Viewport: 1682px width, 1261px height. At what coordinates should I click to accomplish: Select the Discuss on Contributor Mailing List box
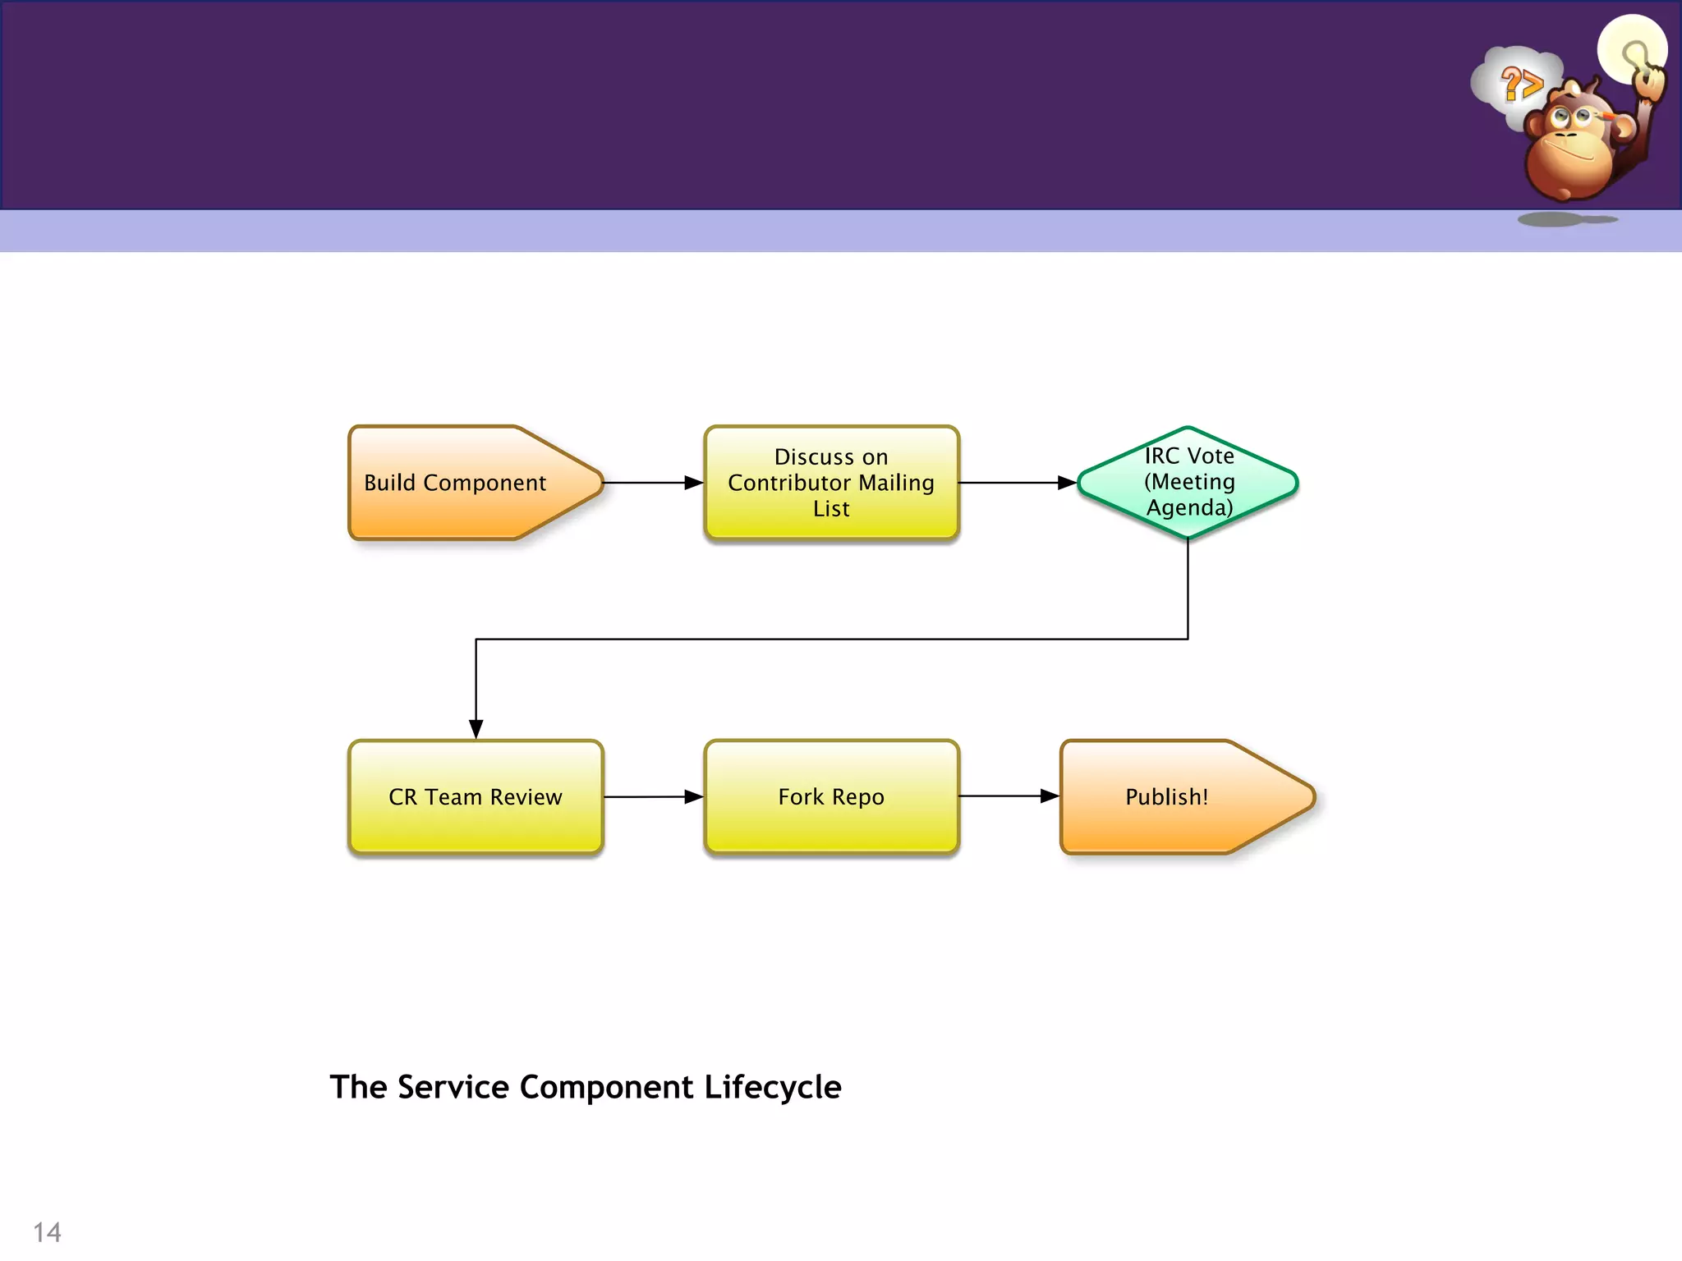pyautogui.click(x=831, y=483)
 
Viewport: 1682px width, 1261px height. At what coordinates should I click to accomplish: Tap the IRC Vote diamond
pyautogui.click(x=1188, y=482)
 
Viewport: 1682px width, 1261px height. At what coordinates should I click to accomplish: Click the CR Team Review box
pyautogui.click(x=476, y=796)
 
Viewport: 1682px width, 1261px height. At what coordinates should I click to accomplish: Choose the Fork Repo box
pyautogui.click(x=831, y=796)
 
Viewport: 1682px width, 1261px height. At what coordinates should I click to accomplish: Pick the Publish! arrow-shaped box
pyautogui.click(x=1174, y=796)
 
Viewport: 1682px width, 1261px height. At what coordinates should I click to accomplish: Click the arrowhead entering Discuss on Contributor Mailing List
pyautogui.click(x=694, y=483)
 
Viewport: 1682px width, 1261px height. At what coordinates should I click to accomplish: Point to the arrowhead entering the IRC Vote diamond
pyautogui.click(x=1067, y=483)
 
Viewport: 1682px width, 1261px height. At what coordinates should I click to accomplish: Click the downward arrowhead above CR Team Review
pyautogui.click(x=476, y=728)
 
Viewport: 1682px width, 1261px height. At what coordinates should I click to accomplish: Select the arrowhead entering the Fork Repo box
pyautogui.click(x=694, y=796)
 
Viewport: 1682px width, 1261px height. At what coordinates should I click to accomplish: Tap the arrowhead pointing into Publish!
pyautogui.click(x=1050, y=796)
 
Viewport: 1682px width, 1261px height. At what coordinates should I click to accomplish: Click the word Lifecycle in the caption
pyautogui.click(x=772, y=1087)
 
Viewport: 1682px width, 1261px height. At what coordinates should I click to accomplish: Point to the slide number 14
pyautogui.click(x=47, y=1232)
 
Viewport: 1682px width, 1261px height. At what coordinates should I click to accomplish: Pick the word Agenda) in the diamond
pyautogui.click(x=1189, y=507)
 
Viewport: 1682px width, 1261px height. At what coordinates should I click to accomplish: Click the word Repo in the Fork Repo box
pyautogui.click(x=858, y=796)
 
